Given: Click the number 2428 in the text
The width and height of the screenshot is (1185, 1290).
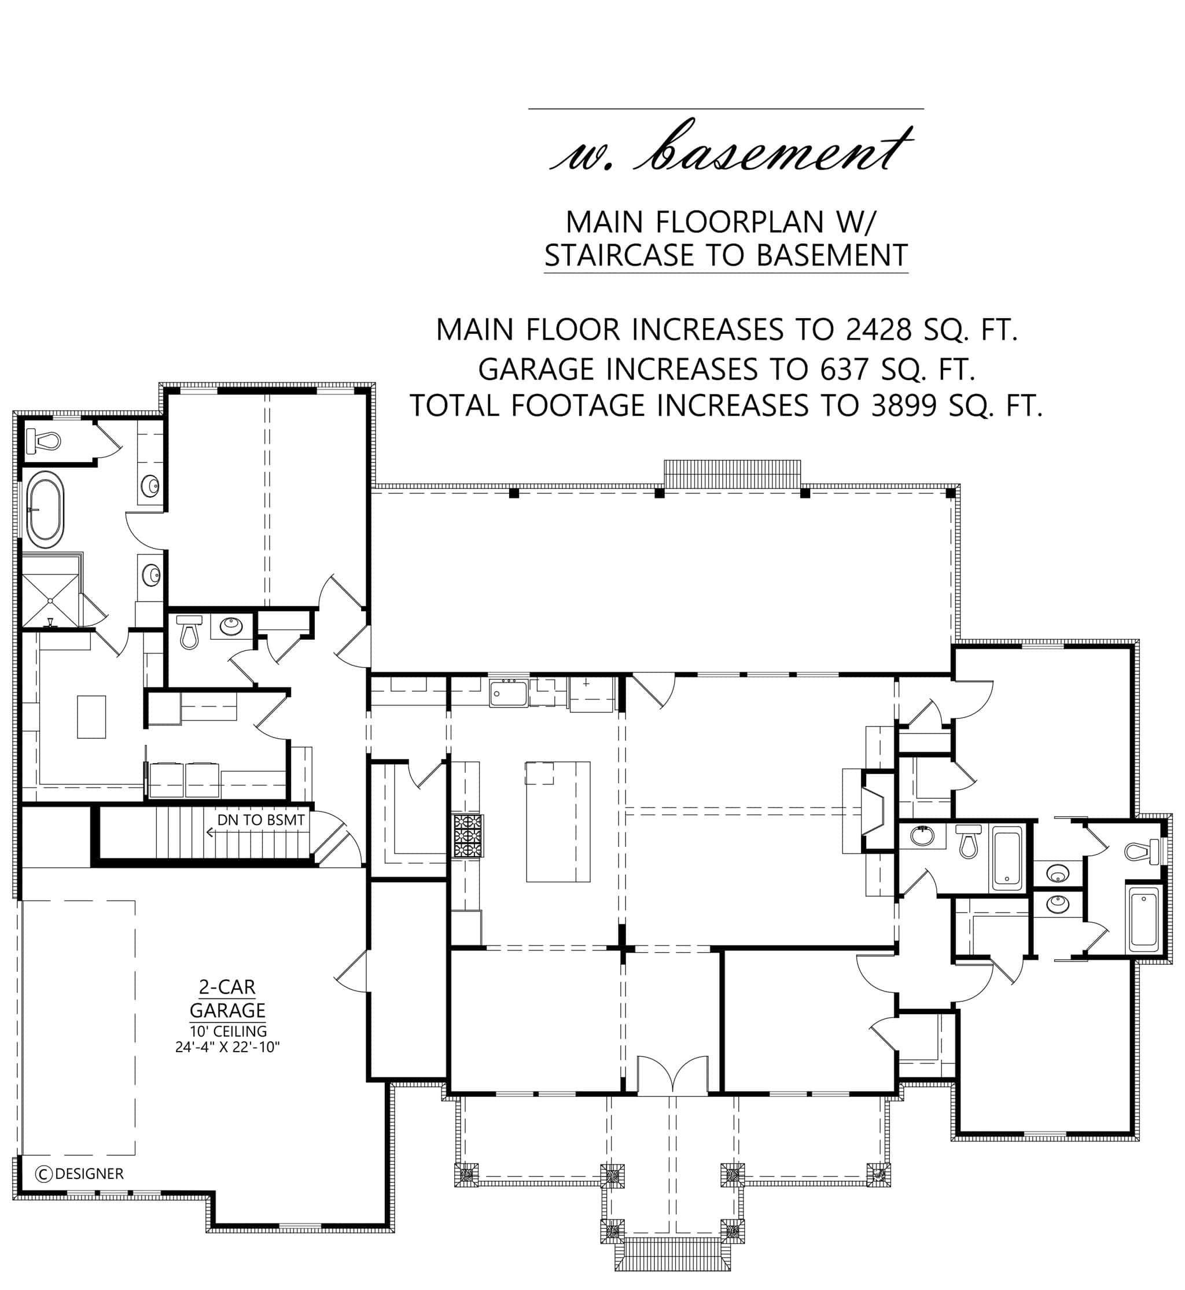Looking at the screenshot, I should [x=878, y=330].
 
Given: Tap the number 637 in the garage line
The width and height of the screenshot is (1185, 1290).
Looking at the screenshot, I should [x=845, y=369].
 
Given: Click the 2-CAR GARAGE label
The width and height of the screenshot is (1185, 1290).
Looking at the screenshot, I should [x=227, y=999].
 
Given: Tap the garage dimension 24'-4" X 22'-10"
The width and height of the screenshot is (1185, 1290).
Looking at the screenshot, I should [x=227, y=1047].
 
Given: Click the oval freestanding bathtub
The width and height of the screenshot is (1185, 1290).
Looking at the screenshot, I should [x=45, y=509].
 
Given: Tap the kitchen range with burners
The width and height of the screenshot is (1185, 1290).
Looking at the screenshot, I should [x=468, y=835].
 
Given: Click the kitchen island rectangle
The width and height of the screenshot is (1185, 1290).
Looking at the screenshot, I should [x=558, y=821].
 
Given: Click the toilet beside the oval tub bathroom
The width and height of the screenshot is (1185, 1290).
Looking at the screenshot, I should [x=43, y=440].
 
